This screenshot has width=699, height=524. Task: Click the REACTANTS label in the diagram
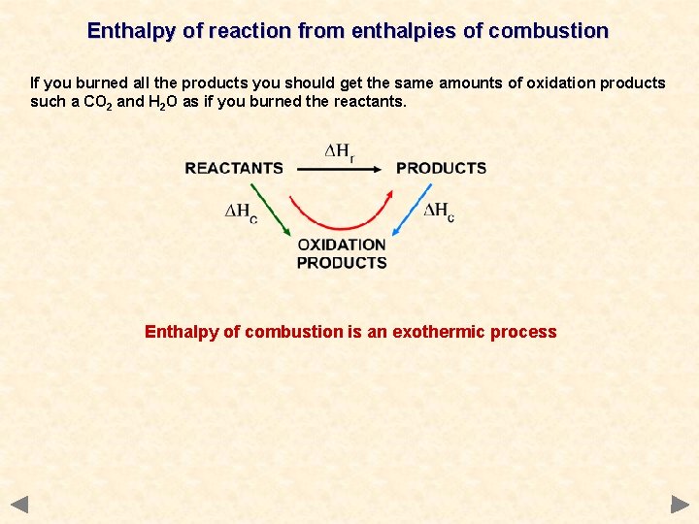pos(234,168)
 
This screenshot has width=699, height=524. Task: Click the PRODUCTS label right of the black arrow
pos(441,168)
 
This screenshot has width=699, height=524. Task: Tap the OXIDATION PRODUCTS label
pos(342,253)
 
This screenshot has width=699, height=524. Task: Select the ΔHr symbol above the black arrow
pos(339,153)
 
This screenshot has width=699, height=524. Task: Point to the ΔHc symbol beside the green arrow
pos(241,213)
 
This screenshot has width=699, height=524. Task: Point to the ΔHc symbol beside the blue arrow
pos(439,212)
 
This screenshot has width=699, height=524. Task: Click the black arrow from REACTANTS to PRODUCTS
pos(339,169)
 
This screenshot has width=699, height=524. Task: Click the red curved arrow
pos(340,218)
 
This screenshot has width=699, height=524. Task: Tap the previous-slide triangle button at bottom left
pos(19,504)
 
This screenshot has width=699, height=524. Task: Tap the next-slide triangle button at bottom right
pos(680,504)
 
